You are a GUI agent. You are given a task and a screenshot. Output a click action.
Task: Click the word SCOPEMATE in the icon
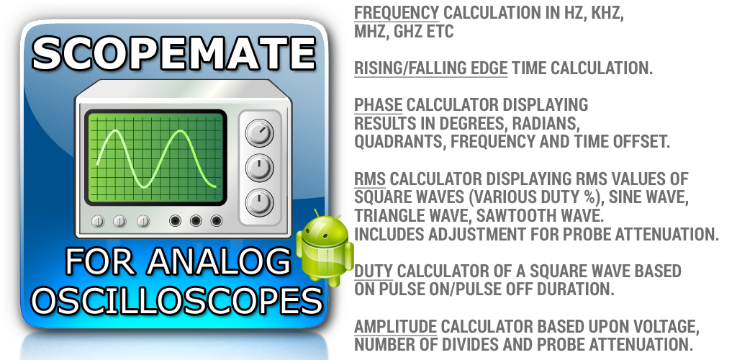(x=173, y=53)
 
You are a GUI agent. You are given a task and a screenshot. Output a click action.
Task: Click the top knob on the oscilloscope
(x=259, y=132)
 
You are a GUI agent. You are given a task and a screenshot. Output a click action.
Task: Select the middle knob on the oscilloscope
(x=259, y=168)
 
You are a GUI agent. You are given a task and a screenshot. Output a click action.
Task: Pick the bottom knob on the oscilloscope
(x=259, y=202)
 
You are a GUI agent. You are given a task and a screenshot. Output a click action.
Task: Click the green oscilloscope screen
(x=155, y=158)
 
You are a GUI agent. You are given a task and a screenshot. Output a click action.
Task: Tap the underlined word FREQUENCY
(x=397, y=13)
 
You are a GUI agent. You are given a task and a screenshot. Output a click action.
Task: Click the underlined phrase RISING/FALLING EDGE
(x=430, y=68)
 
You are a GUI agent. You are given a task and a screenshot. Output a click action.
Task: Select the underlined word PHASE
(x=379, y=105)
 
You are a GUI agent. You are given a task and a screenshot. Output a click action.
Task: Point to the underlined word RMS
(x=370, y=179)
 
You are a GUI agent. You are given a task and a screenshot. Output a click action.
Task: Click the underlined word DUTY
(x=374, y=271)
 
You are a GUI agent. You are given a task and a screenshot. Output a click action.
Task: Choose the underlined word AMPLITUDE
(x=395, y=326)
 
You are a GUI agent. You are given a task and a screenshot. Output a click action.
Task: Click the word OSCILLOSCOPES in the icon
(x=179, y=300)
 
